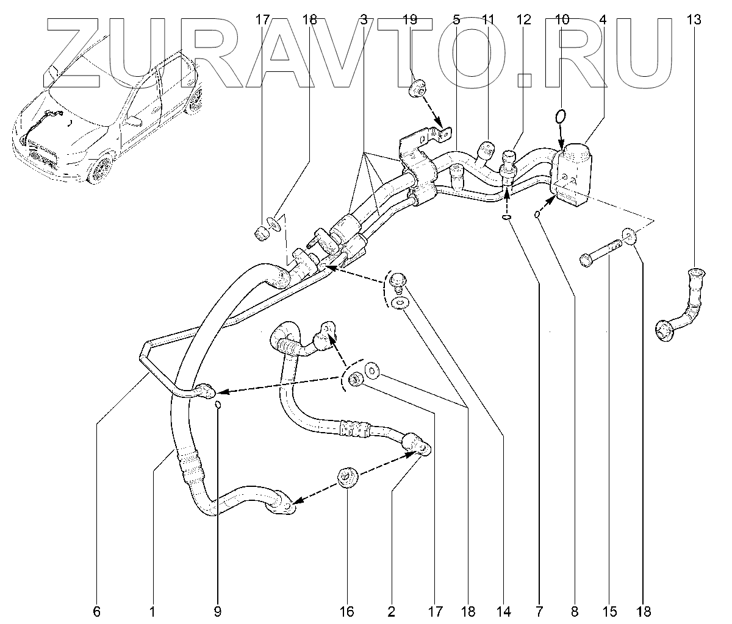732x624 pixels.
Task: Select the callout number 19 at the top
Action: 410,19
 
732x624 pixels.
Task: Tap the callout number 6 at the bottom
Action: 97,611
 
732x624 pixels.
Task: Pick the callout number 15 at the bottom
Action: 610,611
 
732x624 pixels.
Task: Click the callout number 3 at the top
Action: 364,19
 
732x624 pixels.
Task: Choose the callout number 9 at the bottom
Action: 218,611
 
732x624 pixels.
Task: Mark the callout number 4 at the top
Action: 603,19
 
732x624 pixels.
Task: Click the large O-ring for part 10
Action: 561,115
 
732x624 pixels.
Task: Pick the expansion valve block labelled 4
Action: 572,172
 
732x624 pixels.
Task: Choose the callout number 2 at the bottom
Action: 391,611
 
